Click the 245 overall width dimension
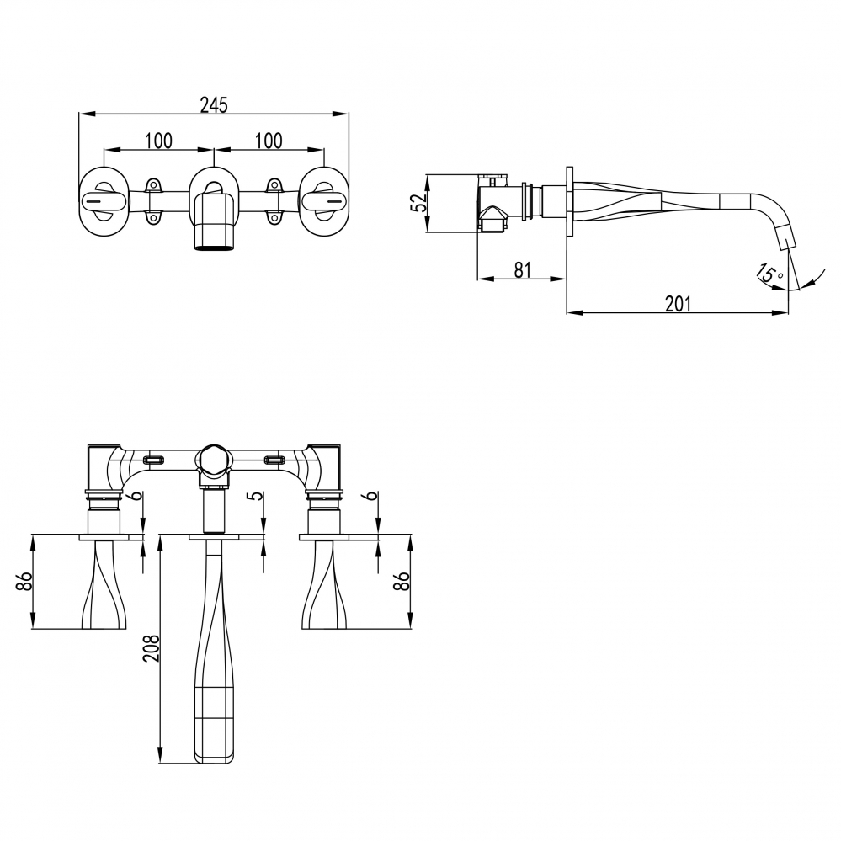pyautogui.click(x=214, y=105)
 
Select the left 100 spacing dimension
pyautogui.click(x=159, y=141)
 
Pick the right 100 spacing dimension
pyautogui.click(x=269, y=141)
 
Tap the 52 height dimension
pyautogui.click(x=418, y=203)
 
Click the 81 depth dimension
pyautogui.click(x=523, y=269)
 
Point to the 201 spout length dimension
pyautogui.click(x=678, y=304)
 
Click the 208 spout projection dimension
pyautogui.click(x=152, y=648)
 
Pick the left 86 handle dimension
pyautogui.click(x=25, y=582)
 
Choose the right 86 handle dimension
pyautogui.click(x=402, y=582)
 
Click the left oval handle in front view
pyautogui.click(x=104, y=202)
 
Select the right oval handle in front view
pyautogui.click(x=323, y=202)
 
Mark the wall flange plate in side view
pyautogui.click(x=570, y=201)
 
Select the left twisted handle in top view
pyautogui.click(x=104, y=584)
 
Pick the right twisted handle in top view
pyautogui.click(x=323, y=584)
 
